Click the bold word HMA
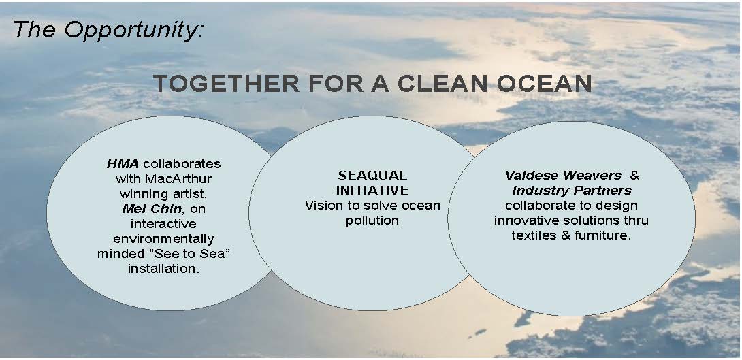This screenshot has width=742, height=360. pyautogui.click(x=123, y=164)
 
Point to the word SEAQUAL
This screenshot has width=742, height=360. pyautogui.click(x=372, y=176)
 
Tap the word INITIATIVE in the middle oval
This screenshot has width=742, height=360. pyautogui.click(x=372, y=190)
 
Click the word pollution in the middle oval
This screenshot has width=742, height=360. pyautogui.click(x=372, y=220)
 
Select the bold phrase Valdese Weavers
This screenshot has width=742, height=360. pyautogui.click(x=563, y=176)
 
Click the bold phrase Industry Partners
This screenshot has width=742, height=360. pyautogui.click(x=572, y=191)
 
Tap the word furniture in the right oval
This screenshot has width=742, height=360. pyautogui.click(x=603, y=235)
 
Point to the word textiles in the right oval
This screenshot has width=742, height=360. pyautogui.click(x=533, y=235)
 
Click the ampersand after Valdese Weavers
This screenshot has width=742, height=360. pyautogui.click(x=634, y=176)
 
